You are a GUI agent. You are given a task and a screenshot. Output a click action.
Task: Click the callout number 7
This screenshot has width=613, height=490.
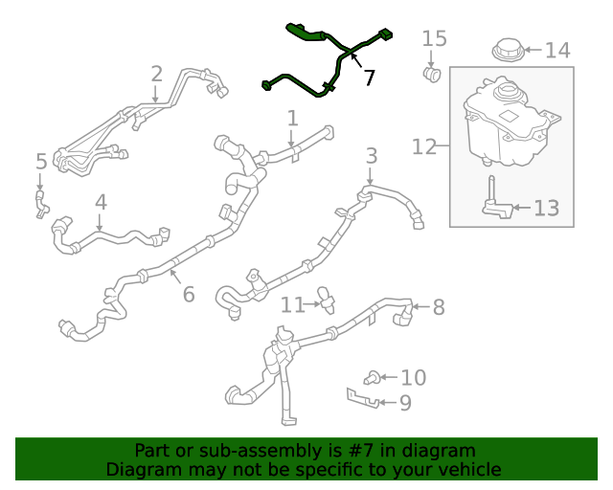[369, 78]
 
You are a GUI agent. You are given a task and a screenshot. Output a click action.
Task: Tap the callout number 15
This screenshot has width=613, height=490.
[434, 38]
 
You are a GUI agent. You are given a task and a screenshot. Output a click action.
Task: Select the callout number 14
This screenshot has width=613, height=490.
[556, 50]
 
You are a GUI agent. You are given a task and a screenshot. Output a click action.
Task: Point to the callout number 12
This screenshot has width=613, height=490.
[424, 146]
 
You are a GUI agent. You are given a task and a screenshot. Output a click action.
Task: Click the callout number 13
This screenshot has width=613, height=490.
[545, 207]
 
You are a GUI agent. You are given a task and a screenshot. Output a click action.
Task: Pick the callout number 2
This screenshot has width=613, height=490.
[156, 74]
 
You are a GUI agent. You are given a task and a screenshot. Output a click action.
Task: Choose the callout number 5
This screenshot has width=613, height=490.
[40, 161]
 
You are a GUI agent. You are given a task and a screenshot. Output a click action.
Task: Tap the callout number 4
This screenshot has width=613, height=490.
[101, 202]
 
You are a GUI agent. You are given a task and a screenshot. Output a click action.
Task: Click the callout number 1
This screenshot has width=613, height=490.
[292, 119]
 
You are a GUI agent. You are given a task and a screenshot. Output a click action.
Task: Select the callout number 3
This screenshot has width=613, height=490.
[371, 155]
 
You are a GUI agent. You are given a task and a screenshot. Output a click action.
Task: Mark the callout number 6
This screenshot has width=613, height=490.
[189, 294]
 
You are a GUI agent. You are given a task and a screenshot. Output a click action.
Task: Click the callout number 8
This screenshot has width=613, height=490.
[439, 307]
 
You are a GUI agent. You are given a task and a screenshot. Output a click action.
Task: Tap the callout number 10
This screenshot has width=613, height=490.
[413, 378]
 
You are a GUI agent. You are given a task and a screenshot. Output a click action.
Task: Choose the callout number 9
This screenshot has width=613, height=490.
[405, 403]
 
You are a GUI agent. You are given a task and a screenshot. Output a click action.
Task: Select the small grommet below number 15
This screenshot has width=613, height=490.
[432, 73]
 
